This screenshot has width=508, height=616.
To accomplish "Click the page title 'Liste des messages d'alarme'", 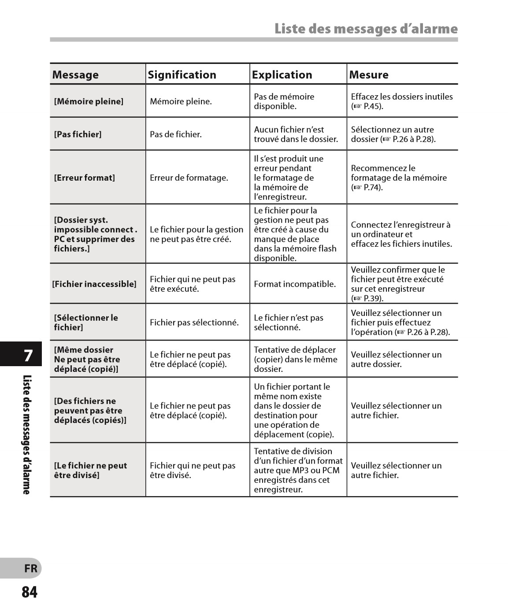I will [366, 29].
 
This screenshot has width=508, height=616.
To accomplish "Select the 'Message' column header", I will [75, 75].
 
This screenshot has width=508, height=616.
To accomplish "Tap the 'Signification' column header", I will [182, 75].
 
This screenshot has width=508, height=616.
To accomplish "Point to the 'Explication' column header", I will [282, 75].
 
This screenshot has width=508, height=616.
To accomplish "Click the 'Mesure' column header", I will [369, 75].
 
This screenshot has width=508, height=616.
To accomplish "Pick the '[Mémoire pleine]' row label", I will [89, 101].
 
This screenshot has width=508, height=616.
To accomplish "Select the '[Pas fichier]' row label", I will [78, 134].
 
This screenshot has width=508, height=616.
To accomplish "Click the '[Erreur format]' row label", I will [84, 178].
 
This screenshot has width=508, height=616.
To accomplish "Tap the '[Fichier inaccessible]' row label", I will [94, 284].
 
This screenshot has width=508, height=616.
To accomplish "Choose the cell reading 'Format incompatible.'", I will [295, 284].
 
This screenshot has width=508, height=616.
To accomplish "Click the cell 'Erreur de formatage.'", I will [189, 178].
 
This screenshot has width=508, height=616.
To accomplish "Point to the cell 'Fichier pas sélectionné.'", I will [194, 323].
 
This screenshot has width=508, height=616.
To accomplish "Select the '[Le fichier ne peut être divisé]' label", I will [90, 470].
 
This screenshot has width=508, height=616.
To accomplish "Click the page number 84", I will [30, 592].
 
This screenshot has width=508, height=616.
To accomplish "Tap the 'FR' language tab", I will [30, 568].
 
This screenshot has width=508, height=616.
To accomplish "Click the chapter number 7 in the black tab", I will [28, 355].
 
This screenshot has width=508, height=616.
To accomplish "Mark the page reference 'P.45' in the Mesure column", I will [372, 106].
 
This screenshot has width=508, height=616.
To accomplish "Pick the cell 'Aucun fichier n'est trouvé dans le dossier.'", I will [296, 134].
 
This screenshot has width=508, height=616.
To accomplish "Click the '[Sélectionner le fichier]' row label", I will [86, 323].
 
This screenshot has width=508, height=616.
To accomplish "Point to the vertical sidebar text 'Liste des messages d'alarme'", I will [27, 434].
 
